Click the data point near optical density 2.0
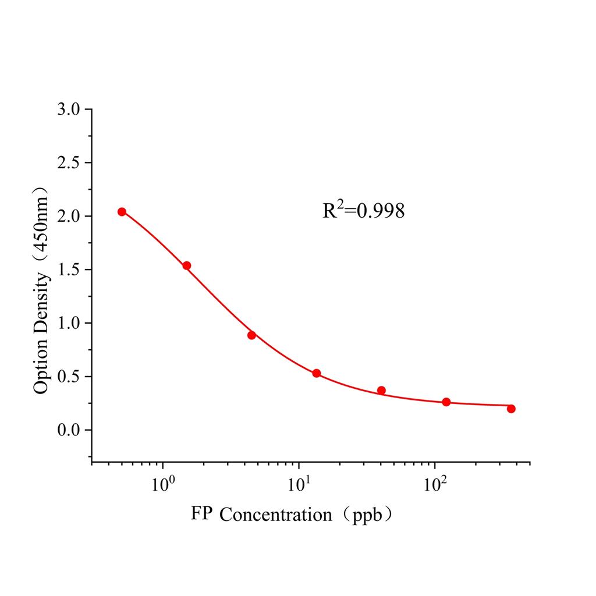tap(122, 212)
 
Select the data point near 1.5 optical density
tap(187, 265)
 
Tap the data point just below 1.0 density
tap(251, 335)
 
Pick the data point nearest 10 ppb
tap(317, 373)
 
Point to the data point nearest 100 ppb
tap(446, 402)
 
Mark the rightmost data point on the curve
tap(511, 409)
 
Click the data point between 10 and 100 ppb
tap(381, 390)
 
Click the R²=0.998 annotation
tap(364, 211)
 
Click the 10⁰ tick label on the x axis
tap(162, 484)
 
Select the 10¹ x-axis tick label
tap(299, 484)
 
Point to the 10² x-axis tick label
tap(435, 484)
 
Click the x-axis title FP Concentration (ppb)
tap(292, 515)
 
